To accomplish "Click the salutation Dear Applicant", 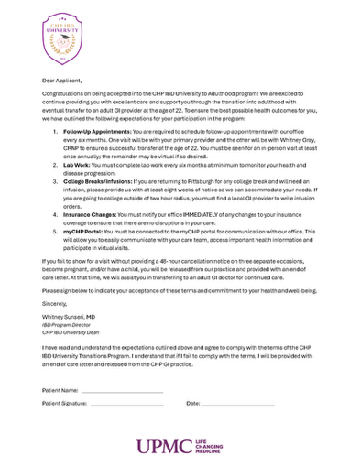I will click(x=60, y=81).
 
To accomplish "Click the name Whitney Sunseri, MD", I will click(x=71, y=317).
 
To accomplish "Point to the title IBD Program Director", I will click(x=67, y=324).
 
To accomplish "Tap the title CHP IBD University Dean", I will click(x=71, y=331).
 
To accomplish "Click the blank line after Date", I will click(x=237, y=403).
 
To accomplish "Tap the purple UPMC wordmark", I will click(x=165, y=447).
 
